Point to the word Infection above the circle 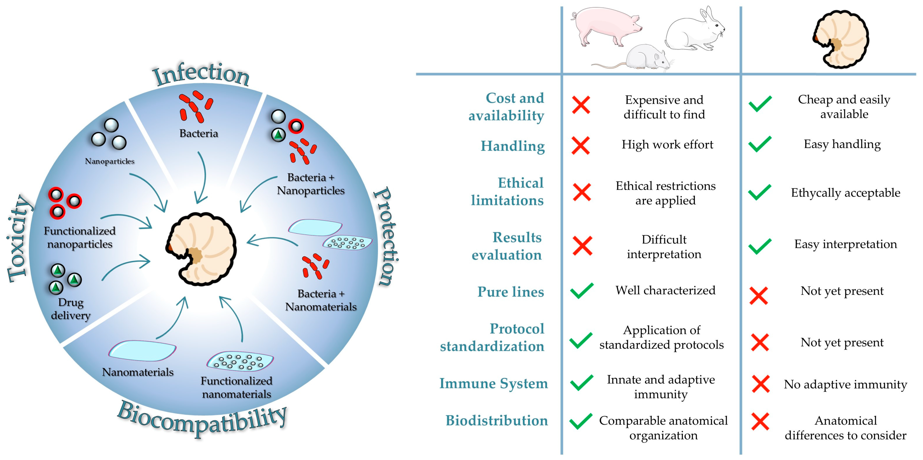[201, 75]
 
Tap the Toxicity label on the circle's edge [19, 238]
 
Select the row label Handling [512, 146]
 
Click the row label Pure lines [510, 292]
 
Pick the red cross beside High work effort [581, 145]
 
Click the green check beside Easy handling [760, 144]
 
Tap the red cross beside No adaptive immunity [760, 384]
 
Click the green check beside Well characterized [581, 291]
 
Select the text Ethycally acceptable [846, 193]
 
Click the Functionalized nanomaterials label [237, 387]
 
